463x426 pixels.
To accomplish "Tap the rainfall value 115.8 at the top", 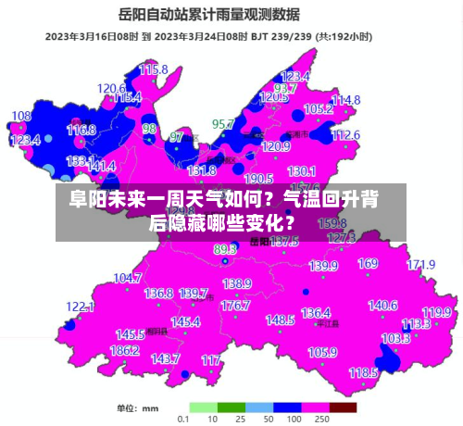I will (x=154, y=69).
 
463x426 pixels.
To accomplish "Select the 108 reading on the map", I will (x=20, y=117).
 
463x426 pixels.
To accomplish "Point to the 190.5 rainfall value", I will (x=258, y=179).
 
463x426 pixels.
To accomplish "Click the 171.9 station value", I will (x=420, y=265).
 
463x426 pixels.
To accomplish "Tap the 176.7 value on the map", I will (x=235, y=305).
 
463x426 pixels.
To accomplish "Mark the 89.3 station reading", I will (x=225, y=250).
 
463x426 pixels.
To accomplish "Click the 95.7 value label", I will (x=223, y=123).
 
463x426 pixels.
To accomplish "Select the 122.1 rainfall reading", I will (x=81, y=307).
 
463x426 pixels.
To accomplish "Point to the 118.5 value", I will (x=363, y=372).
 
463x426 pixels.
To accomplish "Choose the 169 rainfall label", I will (x=368, y=264).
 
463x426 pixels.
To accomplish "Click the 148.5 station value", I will (x=280, y=319).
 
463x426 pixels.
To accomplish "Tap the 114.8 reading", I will (x=345, y=100).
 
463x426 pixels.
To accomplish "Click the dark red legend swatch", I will (x=343, y=407).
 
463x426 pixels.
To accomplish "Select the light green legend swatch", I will (x=204, y=407).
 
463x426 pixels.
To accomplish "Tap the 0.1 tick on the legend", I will (x=184, y=420).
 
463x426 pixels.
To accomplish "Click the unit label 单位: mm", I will (x=137, y=408).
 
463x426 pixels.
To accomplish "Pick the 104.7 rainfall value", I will (x=127, y=278).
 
